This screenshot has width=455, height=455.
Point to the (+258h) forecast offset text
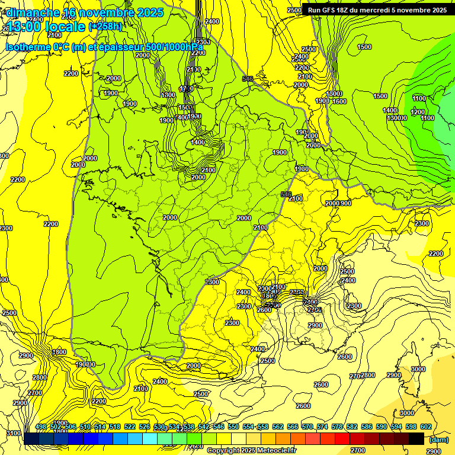(105, 27)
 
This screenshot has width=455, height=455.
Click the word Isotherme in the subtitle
(28, 47)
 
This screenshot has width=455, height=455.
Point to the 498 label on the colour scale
(41, 427)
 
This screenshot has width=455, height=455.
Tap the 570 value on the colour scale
(307, 427)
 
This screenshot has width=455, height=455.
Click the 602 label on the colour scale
(425, 427)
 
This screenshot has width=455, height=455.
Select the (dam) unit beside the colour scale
(438, 440)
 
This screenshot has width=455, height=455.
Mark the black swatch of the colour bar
(416, 438)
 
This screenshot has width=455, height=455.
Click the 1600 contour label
(339, 101)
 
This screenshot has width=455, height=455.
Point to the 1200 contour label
(418, 112)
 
